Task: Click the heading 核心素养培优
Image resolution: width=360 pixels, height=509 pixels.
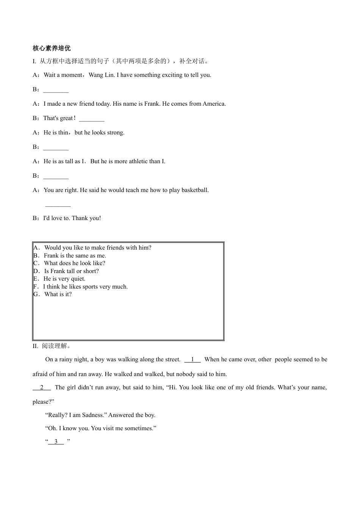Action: click(x=52, y=48)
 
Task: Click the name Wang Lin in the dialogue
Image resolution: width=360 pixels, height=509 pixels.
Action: click(x=101, y=75)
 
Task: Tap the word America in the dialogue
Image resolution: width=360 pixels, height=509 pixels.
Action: click(x=214, y=104)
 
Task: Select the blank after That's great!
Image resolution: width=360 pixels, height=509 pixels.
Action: click(x=92, y=119)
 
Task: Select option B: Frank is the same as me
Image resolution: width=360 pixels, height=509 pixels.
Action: click(x=75, y=256)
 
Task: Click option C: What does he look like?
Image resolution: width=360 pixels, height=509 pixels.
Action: click(x=74, y=263)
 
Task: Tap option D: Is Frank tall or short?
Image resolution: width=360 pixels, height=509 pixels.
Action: click(x=71, y=271)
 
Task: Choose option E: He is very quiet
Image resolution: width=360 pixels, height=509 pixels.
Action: click(x=64, y=279)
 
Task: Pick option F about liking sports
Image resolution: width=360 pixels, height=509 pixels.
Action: click(x=85, y=287)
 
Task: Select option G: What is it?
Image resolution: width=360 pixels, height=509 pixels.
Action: click(x=58, y=294)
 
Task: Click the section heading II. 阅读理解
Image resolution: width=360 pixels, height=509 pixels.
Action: click(x=52, y=346)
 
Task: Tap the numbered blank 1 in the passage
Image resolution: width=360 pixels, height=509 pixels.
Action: click(x=193, y=359)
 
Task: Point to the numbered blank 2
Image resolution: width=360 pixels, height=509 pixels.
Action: click(x=42, y=387)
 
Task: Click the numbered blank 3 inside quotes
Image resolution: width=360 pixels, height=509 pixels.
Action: click(x=56, y=442)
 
